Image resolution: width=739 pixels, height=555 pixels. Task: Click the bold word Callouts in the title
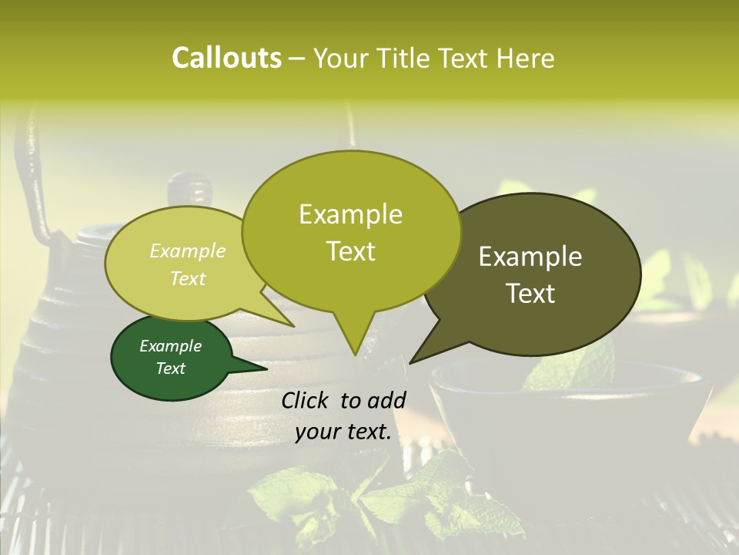click(226, 58)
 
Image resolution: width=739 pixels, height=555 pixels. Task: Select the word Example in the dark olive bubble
click(530, 257)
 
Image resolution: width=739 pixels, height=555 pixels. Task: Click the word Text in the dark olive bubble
click(530, 294)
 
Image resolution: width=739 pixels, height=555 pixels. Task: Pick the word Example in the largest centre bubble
click(350, 214)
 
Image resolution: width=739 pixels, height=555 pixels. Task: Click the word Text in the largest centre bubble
click(350, 251)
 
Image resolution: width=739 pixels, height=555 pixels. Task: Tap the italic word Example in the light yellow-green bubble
click(188, 251)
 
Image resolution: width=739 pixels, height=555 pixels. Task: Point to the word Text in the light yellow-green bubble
click(188, 278)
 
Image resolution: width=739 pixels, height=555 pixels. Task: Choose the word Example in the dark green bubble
click(171, 346)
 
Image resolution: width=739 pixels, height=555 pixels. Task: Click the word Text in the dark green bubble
click(171, 368)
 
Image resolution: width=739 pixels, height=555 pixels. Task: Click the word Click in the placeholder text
click(307, 400)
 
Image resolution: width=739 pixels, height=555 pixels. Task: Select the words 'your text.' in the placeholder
click(343, 432)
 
